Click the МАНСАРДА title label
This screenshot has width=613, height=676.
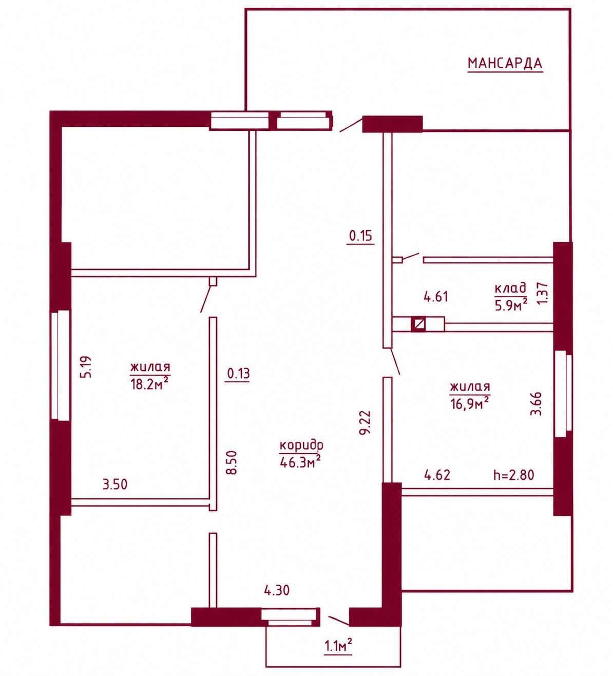[505, 63]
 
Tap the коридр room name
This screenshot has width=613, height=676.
[301, 446]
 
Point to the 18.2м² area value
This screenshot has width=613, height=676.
[149, 383]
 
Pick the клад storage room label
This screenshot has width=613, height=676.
[510, 289]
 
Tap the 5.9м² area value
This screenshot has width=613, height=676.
[511, 305]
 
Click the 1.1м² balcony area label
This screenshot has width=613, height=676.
[338, 645]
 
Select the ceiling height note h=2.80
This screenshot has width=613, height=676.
[514, 475]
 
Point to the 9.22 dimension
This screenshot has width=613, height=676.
[365, 422]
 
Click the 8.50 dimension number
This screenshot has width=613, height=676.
[232, 462]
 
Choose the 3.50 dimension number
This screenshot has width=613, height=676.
[115, 484]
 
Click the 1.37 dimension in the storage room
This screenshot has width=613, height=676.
[543, 293]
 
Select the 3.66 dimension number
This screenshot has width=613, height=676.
[535, 403]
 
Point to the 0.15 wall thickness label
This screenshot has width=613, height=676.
[361, 236]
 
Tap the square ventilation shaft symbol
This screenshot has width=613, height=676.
[418, 324]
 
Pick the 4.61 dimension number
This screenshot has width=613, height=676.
[436, 297]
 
